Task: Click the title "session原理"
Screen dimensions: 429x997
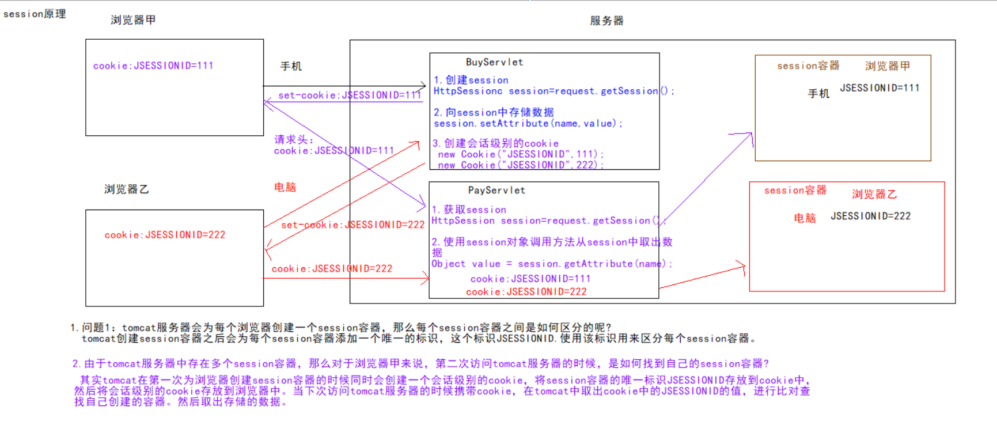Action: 35,14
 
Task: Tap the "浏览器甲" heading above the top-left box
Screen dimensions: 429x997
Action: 133,20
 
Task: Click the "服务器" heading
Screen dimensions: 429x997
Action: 606,21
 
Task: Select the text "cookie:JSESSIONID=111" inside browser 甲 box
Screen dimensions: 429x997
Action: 153,66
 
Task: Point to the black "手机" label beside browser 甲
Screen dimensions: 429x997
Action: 291,66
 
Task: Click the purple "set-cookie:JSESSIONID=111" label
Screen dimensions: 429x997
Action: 350,96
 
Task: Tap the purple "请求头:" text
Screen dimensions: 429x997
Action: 294,139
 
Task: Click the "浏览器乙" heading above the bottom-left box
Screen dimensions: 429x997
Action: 127,189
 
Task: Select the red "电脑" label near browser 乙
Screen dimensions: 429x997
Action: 285,187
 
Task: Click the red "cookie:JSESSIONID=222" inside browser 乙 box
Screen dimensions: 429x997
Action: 165,235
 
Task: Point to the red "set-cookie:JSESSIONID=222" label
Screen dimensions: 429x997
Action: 352,225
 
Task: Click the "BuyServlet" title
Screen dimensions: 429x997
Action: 494,62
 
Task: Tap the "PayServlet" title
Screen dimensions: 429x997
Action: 496,191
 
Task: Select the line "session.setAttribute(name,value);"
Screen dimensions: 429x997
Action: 528,124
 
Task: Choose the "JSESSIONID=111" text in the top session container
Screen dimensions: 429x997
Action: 880,88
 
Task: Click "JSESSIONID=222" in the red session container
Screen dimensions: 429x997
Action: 870,217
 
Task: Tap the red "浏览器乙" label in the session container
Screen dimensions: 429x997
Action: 874,195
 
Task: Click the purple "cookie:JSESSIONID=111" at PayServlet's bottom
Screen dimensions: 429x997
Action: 530,279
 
